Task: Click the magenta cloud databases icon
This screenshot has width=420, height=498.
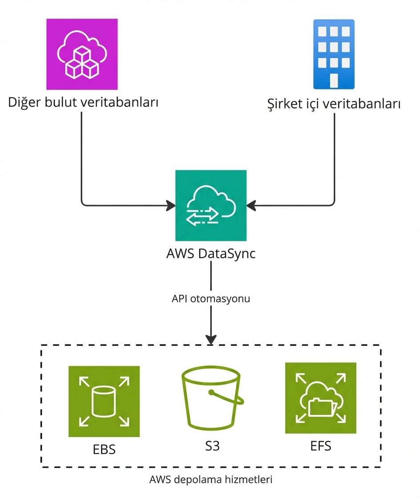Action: tap(82, 54)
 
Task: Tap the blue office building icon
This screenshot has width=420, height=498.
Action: tap(334, 54)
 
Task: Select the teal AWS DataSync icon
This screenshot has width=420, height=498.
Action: tap(210, 205)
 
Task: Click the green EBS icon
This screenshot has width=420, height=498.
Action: tap(104, 402)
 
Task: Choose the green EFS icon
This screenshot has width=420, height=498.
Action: tap(320, 398)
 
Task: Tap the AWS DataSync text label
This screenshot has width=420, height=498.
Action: tap(211, 254)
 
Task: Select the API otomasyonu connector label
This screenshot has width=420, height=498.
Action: tap(211, 299)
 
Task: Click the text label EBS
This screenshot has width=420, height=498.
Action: tap(104, 449)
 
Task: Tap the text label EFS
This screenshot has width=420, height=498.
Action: tap(321, 446)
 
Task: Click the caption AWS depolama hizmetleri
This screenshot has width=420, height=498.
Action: tap(211, 480)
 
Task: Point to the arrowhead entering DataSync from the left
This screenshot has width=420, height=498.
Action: tap(171, 205)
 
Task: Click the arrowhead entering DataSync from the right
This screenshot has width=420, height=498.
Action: tap(251, 205)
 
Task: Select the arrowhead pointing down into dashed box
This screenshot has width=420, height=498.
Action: tap(211, 339)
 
